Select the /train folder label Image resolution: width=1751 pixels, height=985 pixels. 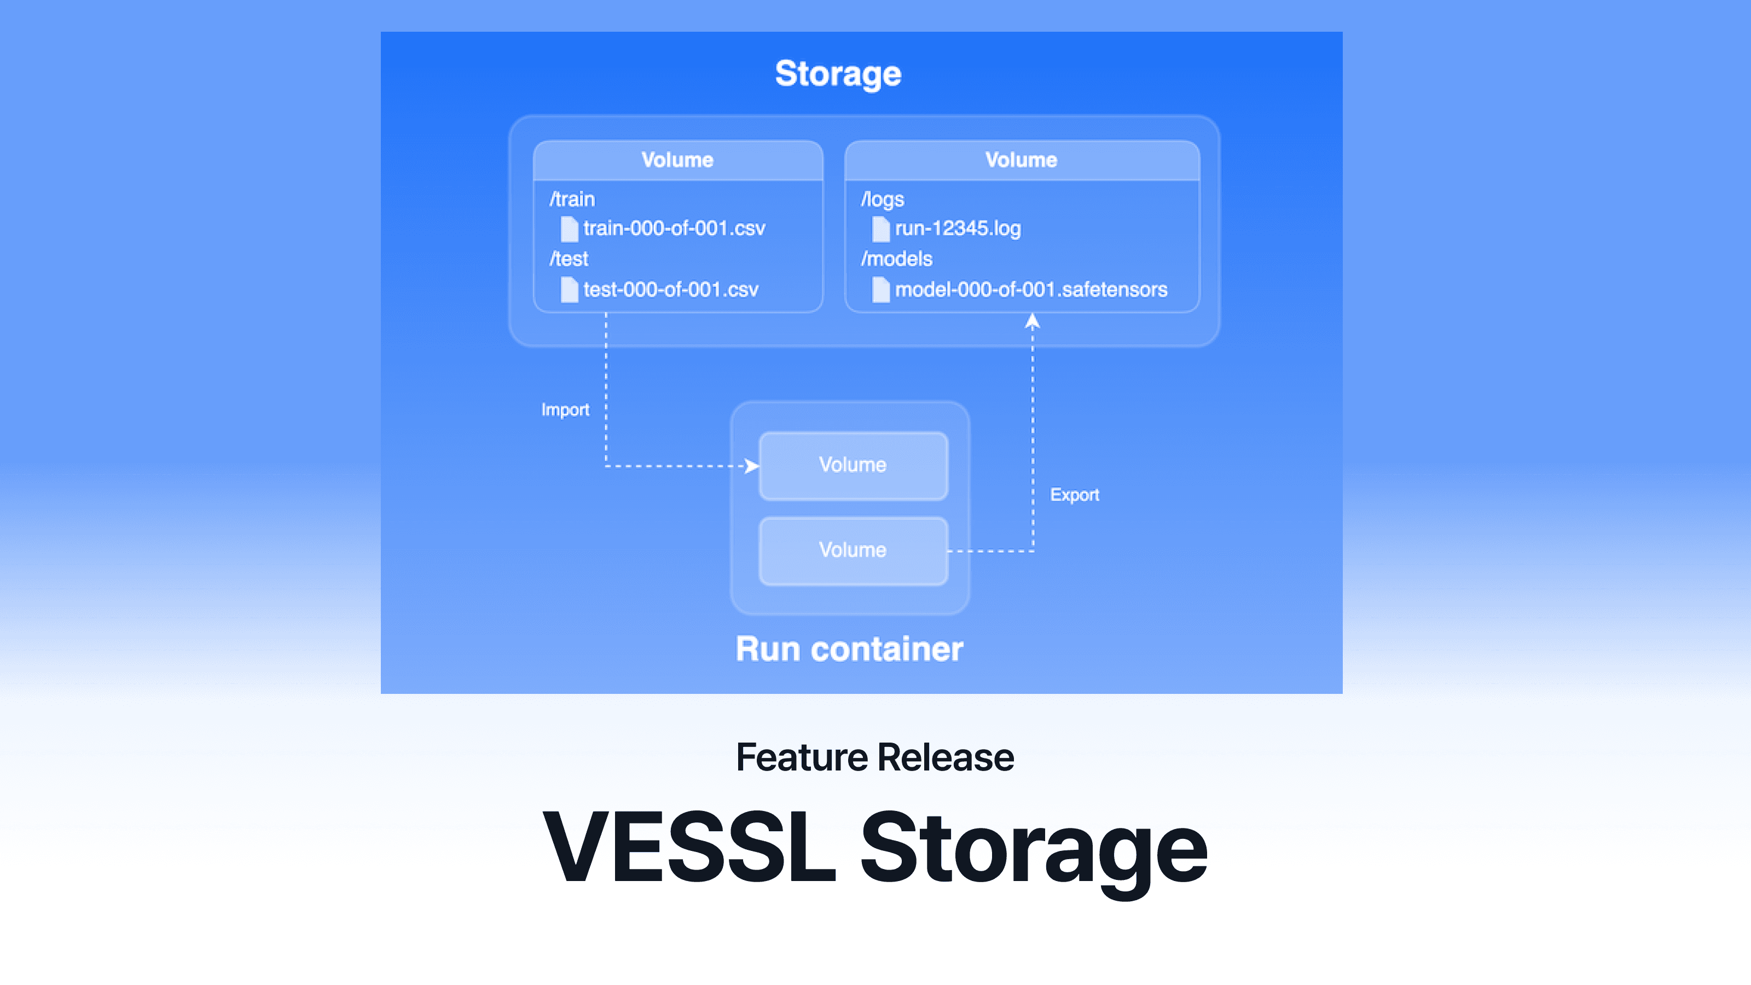click(572, 199)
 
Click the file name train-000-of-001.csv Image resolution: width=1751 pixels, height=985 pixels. click(674, 228)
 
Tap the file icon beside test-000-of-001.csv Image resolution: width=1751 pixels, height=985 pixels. click(569, 290)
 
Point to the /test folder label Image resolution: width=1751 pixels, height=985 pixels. click(569, 259)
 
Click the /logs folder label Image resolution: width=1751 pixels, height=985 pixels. click(882, 199)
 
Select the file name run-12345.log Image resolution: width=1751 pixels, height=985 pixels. click(957, 228)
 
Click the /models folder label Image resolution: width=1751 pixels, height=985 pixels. click(897, 259)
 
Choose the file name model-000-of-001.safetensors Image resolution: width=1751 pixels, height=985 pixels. click(1030, 289)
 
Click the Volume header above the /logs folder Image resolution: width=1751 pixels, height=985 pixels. click(1021, 160)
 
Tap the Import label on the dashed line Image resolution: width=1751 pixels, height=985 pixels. click(565, 410)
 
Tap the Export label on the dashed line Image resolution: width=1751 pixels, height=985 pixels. click(1074, 495)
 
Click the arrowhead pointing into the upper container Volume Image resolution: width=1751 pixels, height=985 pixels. click(752, 466)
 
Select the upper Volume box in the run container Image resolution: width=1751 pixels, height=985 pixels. click(853, 466)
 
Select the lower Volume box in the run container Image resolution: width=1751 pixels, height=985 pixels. click(853, 551)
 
